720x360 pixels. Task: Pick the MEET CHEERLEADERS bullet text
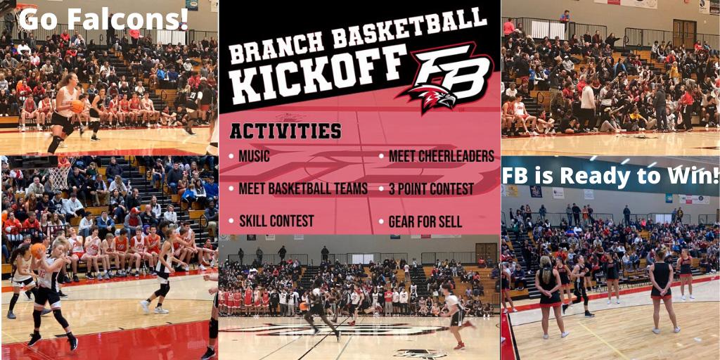coord(442,156)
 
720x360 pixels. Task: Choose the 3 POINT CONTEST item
coord(431,188)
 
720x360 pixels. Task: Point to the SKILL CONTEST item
coord(276,221)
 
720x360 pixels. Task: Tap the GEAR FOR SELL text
coord(425,221)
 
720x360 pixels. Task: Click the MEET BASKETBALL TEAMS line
coord(303,188)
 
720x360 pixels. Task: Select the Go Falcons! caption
coord(104,19)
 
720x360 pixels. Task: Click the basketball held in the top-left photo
coord(77,107)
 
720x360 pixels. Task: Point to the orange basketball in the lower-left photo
coord(38,250)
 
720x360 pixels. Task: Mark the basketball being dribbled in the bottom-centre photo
coord(303,306)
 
